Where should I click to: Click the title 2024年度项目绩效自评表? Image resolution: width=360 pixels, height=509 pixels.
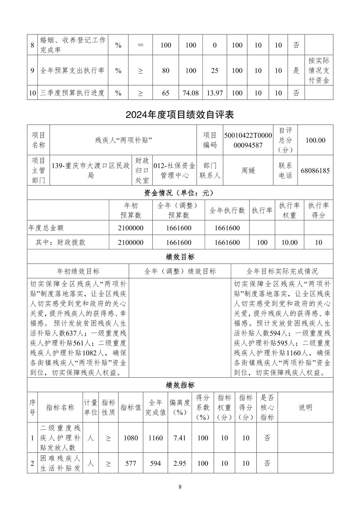click(x=180, y=115)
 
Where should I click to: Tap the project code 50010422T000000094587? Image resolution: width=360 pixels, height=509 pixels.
click(x=248, y=140)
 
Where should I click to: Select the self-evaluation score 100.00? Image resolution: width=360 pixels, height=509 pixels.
click(x=315, y=140)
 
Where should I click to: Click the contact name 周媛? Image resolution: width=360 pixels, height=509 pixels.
click(x=248, y=170)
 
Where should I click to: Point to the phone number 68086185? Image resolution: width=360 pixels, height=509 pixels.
click(x=315, y=170)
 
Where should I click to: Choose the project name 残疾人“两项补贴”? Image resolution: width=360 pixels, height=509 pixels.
click(x=123, y=140)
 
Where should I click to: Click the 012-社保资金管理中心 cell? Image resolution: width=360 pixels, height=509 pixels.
click(x=174, y=170)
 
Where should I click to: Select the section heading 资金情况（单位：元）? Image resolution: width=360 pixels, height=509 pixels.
click(x=180, y=193)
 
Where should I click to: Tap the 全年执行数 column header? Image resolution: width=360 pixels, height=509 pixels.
click(x=227, y=210)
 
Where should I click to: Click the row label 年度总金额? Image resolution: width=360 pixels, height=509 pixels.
click(x=46, y=228)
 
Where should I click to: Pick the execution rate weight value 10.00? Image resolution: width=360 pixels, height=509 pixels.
click(x=289, y=242)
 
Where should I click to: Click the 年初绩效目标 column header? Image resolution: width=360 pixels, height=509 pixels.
click(x=78, y=271)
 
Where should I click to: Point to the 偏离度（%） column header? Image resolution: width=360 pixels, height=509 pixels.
click(x=180, y=407)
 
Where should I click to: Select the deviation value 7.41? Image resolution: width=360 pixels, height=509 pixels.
click(x=180, y=438)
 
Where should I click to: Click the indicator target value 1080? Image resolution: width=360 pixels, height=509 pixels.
click(x=131, y=438)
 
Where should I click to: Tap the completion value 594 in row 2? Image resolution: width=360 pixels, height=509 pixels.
click(x=156, y=463)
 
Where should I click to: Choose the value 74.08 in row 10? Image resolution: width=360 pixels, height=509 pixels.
click(x=190, y=93)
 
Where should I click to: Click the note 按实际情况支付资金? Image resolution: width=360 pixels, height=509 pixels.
click(x=319, y=71)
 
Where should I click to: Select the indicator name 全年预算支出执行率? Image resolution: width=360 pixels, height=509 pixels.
click(x=72, y=71)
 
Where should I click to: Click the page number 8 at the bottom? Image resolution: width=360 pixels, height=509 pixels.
click(x=180, y=487)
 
